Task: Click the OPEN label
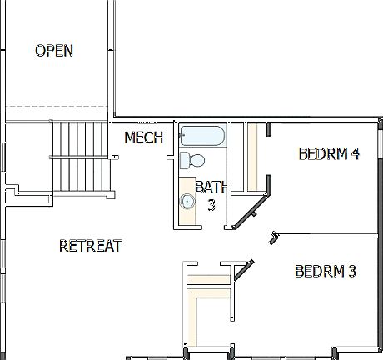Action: tap(53, 51)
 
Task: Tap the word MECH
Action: tap(143, 137)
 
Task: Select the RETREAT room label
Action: tap(91, 246)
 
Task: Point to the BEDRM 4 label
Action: tap(328, 153)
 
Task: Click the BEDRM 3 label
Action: tap(326, 271)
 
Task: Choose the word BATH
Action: tap(211, 187)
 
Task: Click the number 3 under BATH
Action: tap(211, 204)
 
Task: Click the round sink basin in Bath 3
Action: tap(187, 201)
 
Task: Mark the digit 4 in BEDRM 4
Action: tap(354, 153)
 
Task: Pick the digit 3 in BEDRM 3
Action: tap(352, 271)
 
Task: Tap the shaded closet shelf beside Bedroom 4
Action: tap(252, 158)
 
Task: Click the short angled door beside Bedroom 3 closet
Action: tap(244, 267)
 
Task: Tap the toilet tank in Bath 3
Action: tap(184, 160)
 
